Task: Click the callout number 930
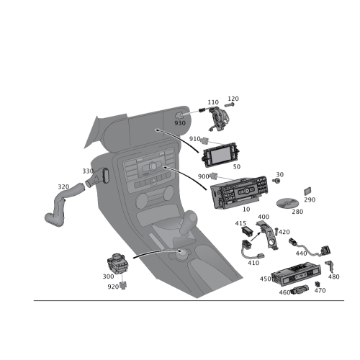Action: coord(180,123)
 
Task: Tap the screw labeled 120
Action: coord(230,105)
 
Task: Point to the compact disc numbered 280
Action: coord(287,203)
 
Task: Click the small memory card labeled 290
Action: coord(307,191)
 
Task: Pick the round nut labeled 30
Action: coord(276,181)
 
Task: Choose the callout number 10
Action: coord(246,210)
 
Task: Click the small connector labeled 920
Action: coord(123,285)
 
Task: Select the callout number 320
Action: coord(63,186)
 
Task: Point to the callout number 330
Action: coord(88,171)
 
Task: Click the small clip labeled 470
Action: coord(318,284)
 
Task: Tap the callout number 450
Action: coord(265,279)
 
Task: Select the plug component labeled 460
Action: coord(300,289)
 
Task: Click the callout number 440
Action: coord(301,253)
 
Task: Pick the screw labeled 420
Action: coord(276,231)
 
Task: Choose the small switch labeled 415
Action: coord(247,230)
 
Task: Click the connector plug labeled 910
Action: coord(204,141)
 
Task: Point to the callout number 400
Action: coord(264,217)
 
